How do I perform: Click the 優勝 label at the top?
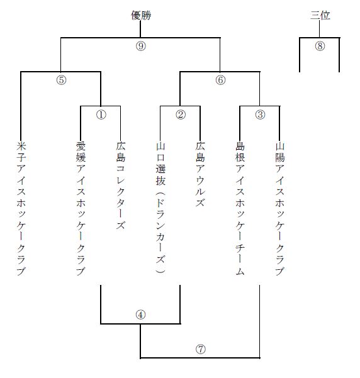tap(141, 16)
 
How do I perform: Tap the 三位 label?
tap(320, 16)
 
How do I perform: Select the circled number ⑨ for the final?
tap(141, 46)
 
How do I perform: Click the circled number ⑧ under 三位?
tap(320, 46)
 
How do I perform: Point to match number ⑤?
tap(61, 80)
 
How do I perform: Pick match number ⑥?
tap(220, 80)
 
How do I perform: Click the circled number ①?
tap(101, 114)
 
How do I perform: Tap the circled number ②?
tap(181, 114)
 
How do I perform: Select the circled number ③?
tap(260, 114)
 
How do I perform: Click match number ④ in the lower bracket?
tap(141, 314)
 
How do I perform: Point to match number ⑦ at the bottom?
tap(201, 349)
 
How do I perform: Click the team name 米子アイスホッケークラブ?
tap(21, 209)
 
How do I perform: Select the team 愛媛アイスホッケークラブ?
tap(81, 209)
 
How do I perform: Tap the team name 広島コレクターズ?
tap(121, 186)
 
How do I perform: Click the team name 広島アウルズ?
tap(200, 174)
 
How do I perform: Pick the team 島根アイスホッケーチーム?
tap(240, 209)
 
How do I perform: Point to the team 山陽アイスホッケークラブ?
tap(280, 209)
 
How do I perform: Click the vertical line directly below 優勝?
tap(140, 29)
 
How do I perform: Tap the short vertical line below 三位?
tap(320, 29)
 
